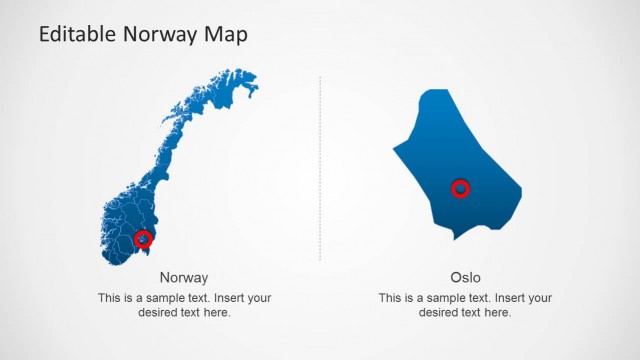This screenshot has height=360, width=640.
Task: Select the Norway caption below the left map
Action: (184, 277)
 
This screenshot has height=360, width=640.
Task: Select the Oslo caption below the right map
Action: (465, 277)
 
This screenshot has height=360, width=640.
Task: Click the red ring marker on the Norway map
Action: (143, 239)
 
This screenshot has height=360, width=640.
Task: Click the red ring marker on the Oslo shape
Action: (460, 188)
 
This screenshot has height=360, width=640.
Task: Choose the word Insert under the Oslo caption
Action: (509, 298)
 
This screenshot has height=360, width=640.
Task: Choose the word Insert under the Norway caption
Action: (228, 298)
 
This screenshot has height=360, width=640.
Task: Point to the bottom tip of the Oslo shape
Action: (455, 239)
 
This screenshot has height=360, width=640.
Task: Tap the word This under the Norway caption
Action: (110, 298)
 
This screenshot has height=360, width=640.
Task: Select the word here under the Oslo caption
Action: (497, 312)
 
